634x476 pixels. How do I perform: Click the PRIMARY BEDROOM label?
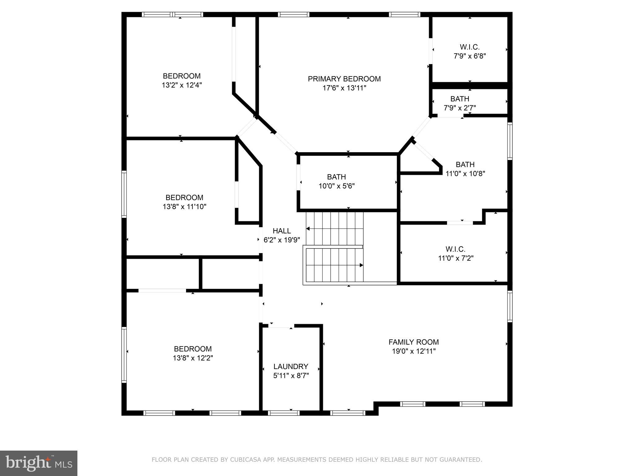pyautogui.click(x=344, y=79)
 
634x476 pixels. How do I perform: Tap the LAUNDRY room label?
pyautogui.click(x=291, y=367)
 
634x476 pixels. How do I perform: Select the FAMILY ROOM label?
pyautogui.click(x=414, y=342)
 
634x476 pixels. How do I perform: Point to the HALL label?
pyautogui.click(x=282, y=231)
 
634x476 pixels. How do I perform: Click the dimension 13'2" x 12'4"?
pyautogui.click(x=182, y=85)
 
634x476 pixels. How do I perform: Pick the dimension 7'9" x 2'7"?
pyautogui.click(x=460, y=108)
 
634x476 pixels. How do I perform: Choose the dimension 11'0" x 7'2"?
pyautogui.click(x=456, y=258)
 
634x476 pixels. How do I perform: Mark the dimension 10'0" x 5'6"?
pyautogui.click(x=337, y=186)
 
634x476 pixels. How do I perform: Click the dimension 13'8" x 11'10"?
pyautogui.click(x=185, y=207)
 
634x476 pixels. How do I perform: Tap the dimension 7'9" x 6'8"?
pyautogui.click(x=470, y=56)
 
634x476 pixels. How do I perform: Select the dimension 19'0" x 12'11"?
pyautogui.click(x=414, y=351)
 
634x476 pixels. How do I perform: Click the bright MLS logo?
pyautogui.click(x=39, y=463)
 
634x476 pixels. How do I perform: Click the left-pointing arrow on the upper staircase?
pyautogui.click(x=308, y=229)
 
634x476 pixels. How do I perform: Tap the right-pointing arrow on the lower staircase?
pyautogui.click(x=361, y=265)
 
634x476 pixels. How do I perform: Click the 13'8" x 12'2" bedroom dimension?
pyautogui.click(x=193, y=358)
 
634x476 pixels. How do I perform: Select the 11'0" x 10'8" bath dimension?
pyautogui.click(x=465, y=174)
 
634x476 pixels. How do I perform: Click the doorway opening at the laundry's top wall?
pyautogui.click(x=281, y=326)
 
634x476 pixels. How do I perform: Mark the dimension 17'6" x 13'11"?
pyautogui.click(x=344, y=88)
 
